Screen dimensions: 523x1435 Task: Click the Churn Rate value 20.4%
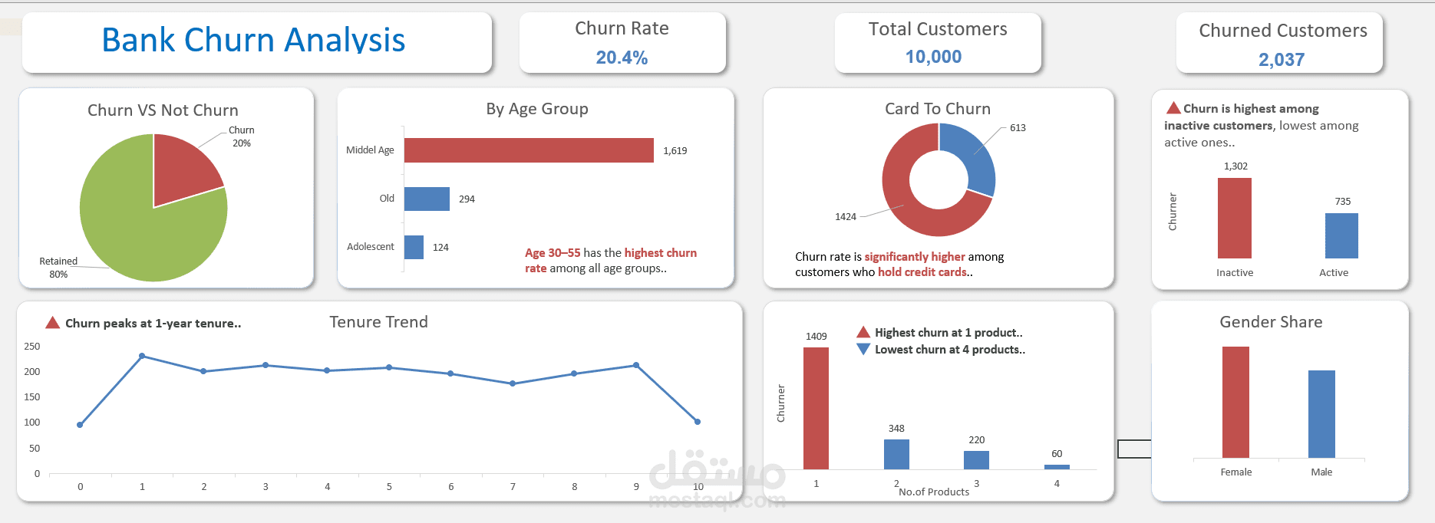(x=622, y=58)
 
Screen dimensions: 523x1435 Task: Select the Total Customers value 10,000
(x=933, y=57)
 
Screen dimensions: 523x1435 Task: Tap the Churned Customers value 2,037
(x=1281, y=60)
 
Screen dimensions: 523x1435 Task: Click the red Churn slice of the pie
(x=182, y=167)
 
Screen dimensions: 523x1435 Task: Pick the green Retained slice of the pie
(x=146, y=238)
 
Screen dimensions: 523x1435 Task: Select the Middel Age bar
(x=529, y=150)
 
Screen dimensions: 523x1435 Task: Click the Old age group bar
(x=427, y=199)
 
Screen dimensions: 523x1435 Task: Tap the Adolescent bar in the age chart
(x=414, y=247)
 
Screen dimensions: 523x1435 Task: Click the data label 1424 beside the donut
(x=845, y=217)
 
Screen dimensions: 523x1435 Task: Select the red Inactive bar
(x=1234, y=219)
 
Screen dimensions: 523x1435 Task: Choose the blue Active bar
(x=1341, y=235)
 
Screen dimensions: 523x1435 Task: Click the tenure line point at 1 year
(x=142, y=356)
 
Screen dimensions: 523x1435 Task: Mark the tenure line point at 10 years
(x=698, y=422)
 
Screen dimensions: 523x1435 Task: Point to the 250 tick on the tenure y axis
(x=32, y=347)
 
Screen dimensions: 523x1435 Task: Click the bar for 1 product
(x=816, y=408)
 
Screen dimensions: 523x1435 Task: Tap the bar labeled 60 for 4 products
(x=1057, y=466)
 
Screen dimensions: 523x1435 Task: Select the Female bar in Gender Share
(x=1235, y=402)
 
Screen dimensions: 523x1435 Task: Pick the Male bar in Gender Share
(x=1321, y=414)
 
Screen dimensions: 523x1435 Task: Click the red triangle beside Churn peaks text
(x=52, y=323)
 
